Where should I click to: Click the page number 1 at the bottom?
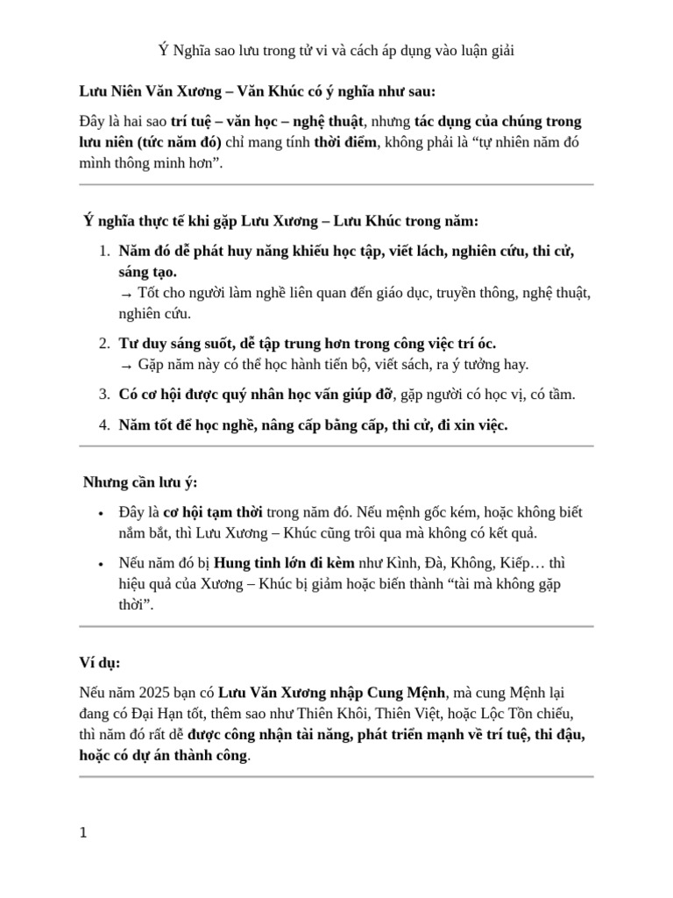83,833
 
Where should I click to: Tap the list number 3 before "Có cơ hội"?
103,395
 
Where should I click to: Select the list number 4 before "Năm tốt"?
103,425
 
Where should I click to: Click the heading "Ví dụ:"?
99,662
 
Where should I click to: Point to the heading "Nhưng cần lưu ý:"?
140,482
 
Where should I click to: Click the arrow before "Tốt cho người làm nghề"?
125,294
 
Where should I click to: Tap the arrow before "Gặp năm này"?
125,365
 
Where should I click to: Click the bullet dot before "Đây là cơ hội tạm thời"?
102,513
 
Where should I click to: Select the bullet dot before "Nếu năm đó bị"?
102,564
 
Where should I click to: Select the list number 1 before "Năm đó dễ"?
103,252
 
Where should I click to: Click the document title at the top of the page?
336,50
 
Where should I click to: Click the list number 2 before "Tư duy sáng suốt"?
103,344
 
